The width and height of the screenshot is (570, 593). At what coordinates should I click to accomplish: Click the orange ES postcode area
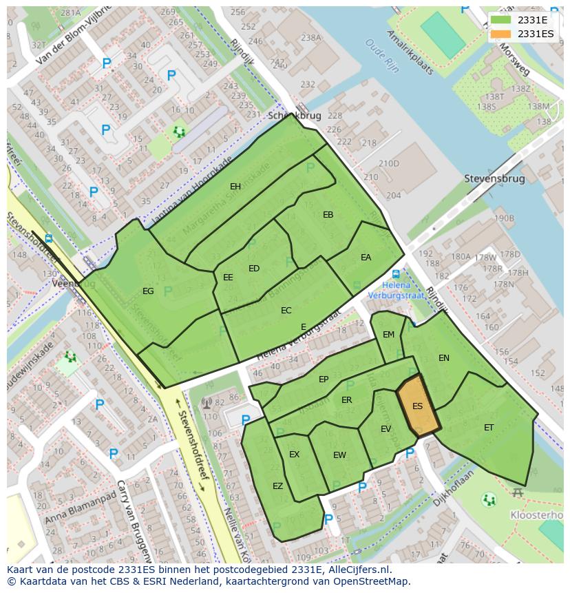418,406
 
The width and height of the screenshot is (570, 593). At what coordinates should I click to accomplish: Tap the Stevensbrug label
494,178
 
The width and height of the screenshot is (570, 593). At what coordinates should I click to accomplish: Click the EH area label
235,186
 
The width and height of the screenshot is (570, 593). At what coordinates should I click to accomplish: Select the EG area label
148,291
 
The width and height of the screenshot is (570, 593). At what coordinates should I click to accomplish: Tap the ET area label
489,427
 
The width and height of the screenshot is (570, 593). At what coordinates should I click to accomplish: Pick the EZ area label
277,486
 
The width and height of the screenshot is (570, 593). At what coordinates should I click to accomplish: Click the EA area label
366,257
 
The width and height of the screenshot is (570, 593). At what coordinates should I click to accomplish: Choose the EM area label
388,335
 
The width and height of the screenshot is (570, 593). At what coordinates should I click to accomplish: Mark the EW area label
339,455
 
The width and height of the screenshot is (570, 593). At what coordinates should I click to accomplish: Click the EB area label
328,215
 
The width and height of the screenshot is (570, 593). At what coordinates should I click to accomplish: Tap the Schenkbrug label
294,116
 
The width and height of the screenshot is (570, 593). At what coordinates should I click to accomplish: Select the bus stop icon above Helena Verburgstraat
396,273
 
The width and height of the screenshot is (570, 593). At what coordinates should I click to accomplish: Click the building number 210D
388,163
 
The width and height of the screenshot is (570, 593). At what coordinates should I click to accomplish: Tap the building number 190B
503,218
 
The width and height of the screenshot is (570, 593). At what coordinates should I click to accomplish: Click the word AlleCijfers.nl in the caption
358,570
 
